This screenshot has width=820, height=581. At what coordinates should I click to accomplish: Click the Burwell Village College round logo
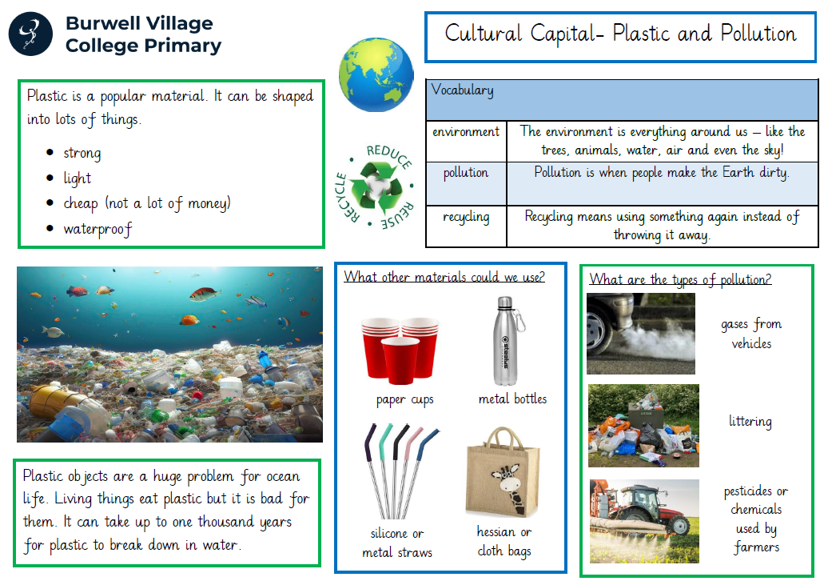click(x=30, y=34)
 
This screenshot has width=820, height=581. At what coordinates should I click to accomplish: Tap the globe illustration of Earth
click(x=376, y=74)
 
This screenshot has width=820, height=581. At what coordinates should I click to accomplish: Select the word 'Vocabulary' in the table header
click(x=462, y=90)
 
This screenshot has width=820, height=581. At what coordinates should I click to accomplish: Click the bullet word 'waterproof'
click(x=98, y=229)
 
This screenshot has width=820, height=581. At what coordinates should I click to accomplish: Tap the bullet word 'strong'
click(x=82, y=153)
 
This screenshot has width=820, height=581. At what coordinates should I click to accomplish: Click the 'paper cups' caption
click(x=404, y=400)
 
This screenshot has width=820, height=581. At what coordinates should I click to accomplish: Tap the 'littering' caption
click(x=750, y=422)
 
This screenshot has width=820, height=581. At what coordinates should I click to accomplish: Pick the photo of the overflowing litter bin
click(x=643, y=426)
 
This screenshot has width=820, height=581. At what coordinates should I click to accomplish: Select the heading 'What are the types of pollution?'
click(x=680, y=279)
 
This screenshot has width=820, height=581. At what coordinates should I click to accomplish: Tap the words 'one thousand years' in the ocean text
click(x=233, y=522)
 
